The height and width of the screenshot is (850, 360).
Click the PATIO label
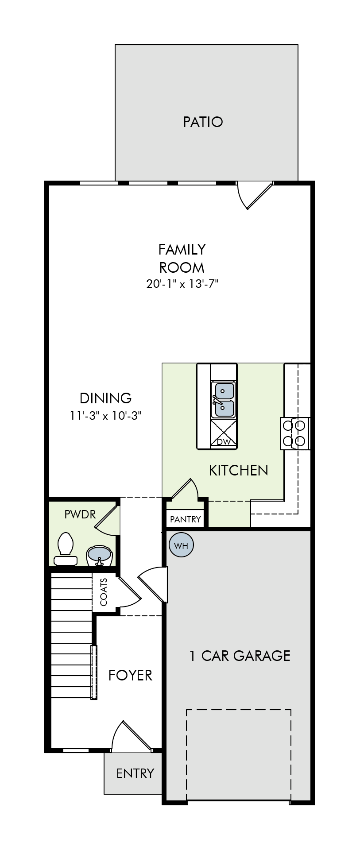(x=203, y=122)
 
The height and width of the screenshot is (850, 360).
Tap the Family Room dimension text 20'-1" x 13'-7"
(x=182, y=284)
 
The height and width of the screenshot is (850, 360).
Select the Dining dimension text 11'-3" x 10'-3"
(x=105, y=416)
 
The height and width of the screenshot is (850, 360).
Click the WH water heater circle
(x=181, y=545)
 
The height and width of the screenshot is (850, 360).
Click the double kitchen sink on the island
(x=223, y=400)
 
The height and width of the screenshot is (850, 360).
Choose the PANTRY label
(x=186, y=519)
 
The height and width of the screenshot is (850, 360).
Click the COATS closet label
(x=104, y=592)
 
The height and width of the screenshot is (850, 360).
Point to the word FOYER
(x=130, y=675)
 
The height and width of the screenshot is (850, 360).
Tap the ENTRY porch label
(x=135, y=773)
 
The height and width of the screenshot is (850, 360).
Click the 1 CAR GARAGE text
(x=240, y=656)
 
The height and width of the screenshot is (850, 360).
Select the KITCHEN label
(x=238, y=470)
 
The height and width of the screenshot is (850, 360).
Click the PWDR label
(x=80, y=514)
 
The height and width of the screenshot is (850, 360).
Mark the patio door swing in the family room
(x=255, y=195)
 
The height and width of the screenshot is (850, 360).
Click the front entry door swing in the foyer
(x=132, y=736)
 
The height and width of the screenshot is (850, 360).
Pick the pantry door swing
(x=185, y=489)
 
